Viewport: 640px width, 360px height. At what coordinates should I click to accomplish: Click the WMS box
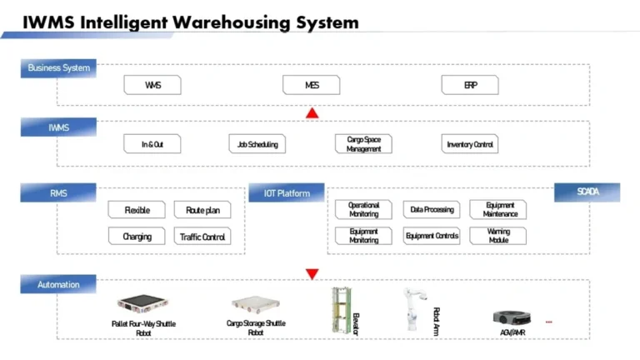tap(152, 85)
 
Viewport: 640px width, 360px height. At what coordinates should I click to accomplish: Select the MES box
tap(312, 85)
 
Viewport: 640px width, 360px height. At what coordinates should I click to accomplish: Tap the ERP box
tap(470, 85)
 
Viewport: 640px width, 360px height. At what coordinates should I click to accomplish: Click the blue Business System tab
tap(58, 67)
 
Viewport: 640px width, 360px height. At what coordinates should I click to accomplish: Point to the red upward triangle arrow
tap(312, 112)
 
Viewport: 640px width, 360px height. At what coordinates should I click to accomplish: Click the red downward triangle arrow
tap(312, 273)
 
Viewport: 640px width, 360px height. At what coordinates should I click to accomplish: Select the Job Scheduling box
tap(257, 144)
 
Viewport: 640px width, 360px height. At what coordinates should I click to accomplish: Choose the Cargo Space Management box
tap(363, 144)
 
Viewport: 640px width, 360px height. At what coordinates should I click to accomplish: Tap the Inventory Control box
tap(470, 144)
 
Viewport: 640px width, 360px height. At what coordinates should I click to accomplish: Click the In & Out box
tap(152, 144)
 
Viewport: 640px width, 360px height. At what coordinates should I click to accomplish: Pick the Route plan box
tap(202, 210)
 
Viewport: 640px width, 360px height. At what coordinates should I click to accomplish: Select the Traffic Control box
tap(202, 237)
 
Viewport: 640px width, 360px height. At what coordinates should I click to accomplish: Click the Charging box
tap(137, 237)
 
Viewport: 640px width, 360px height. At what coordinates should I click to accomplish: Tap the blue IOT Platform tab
tap(287, 193)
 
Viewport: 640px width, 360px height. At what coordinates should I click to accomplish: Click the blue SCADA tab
tap(587, 192)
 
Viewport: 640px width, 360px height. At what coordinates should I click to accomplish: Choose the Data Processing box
tap(432, 210)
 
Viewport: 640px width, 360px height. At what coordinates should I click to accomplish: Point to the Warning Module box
tap(498, 236)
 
